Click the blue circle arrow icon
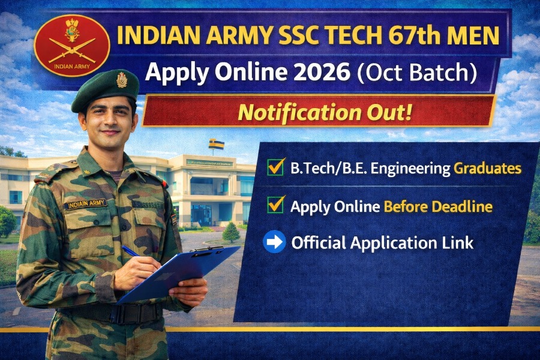(x=274, y=242)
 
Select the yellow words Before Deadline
(x=438, y=207)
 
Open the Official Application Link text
(x=382, y=243)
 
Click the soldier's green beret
(x=105, y=90)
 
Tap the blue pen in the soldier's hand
(x=131, y=251)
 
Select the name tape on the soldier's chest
(x=85, y=204)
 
